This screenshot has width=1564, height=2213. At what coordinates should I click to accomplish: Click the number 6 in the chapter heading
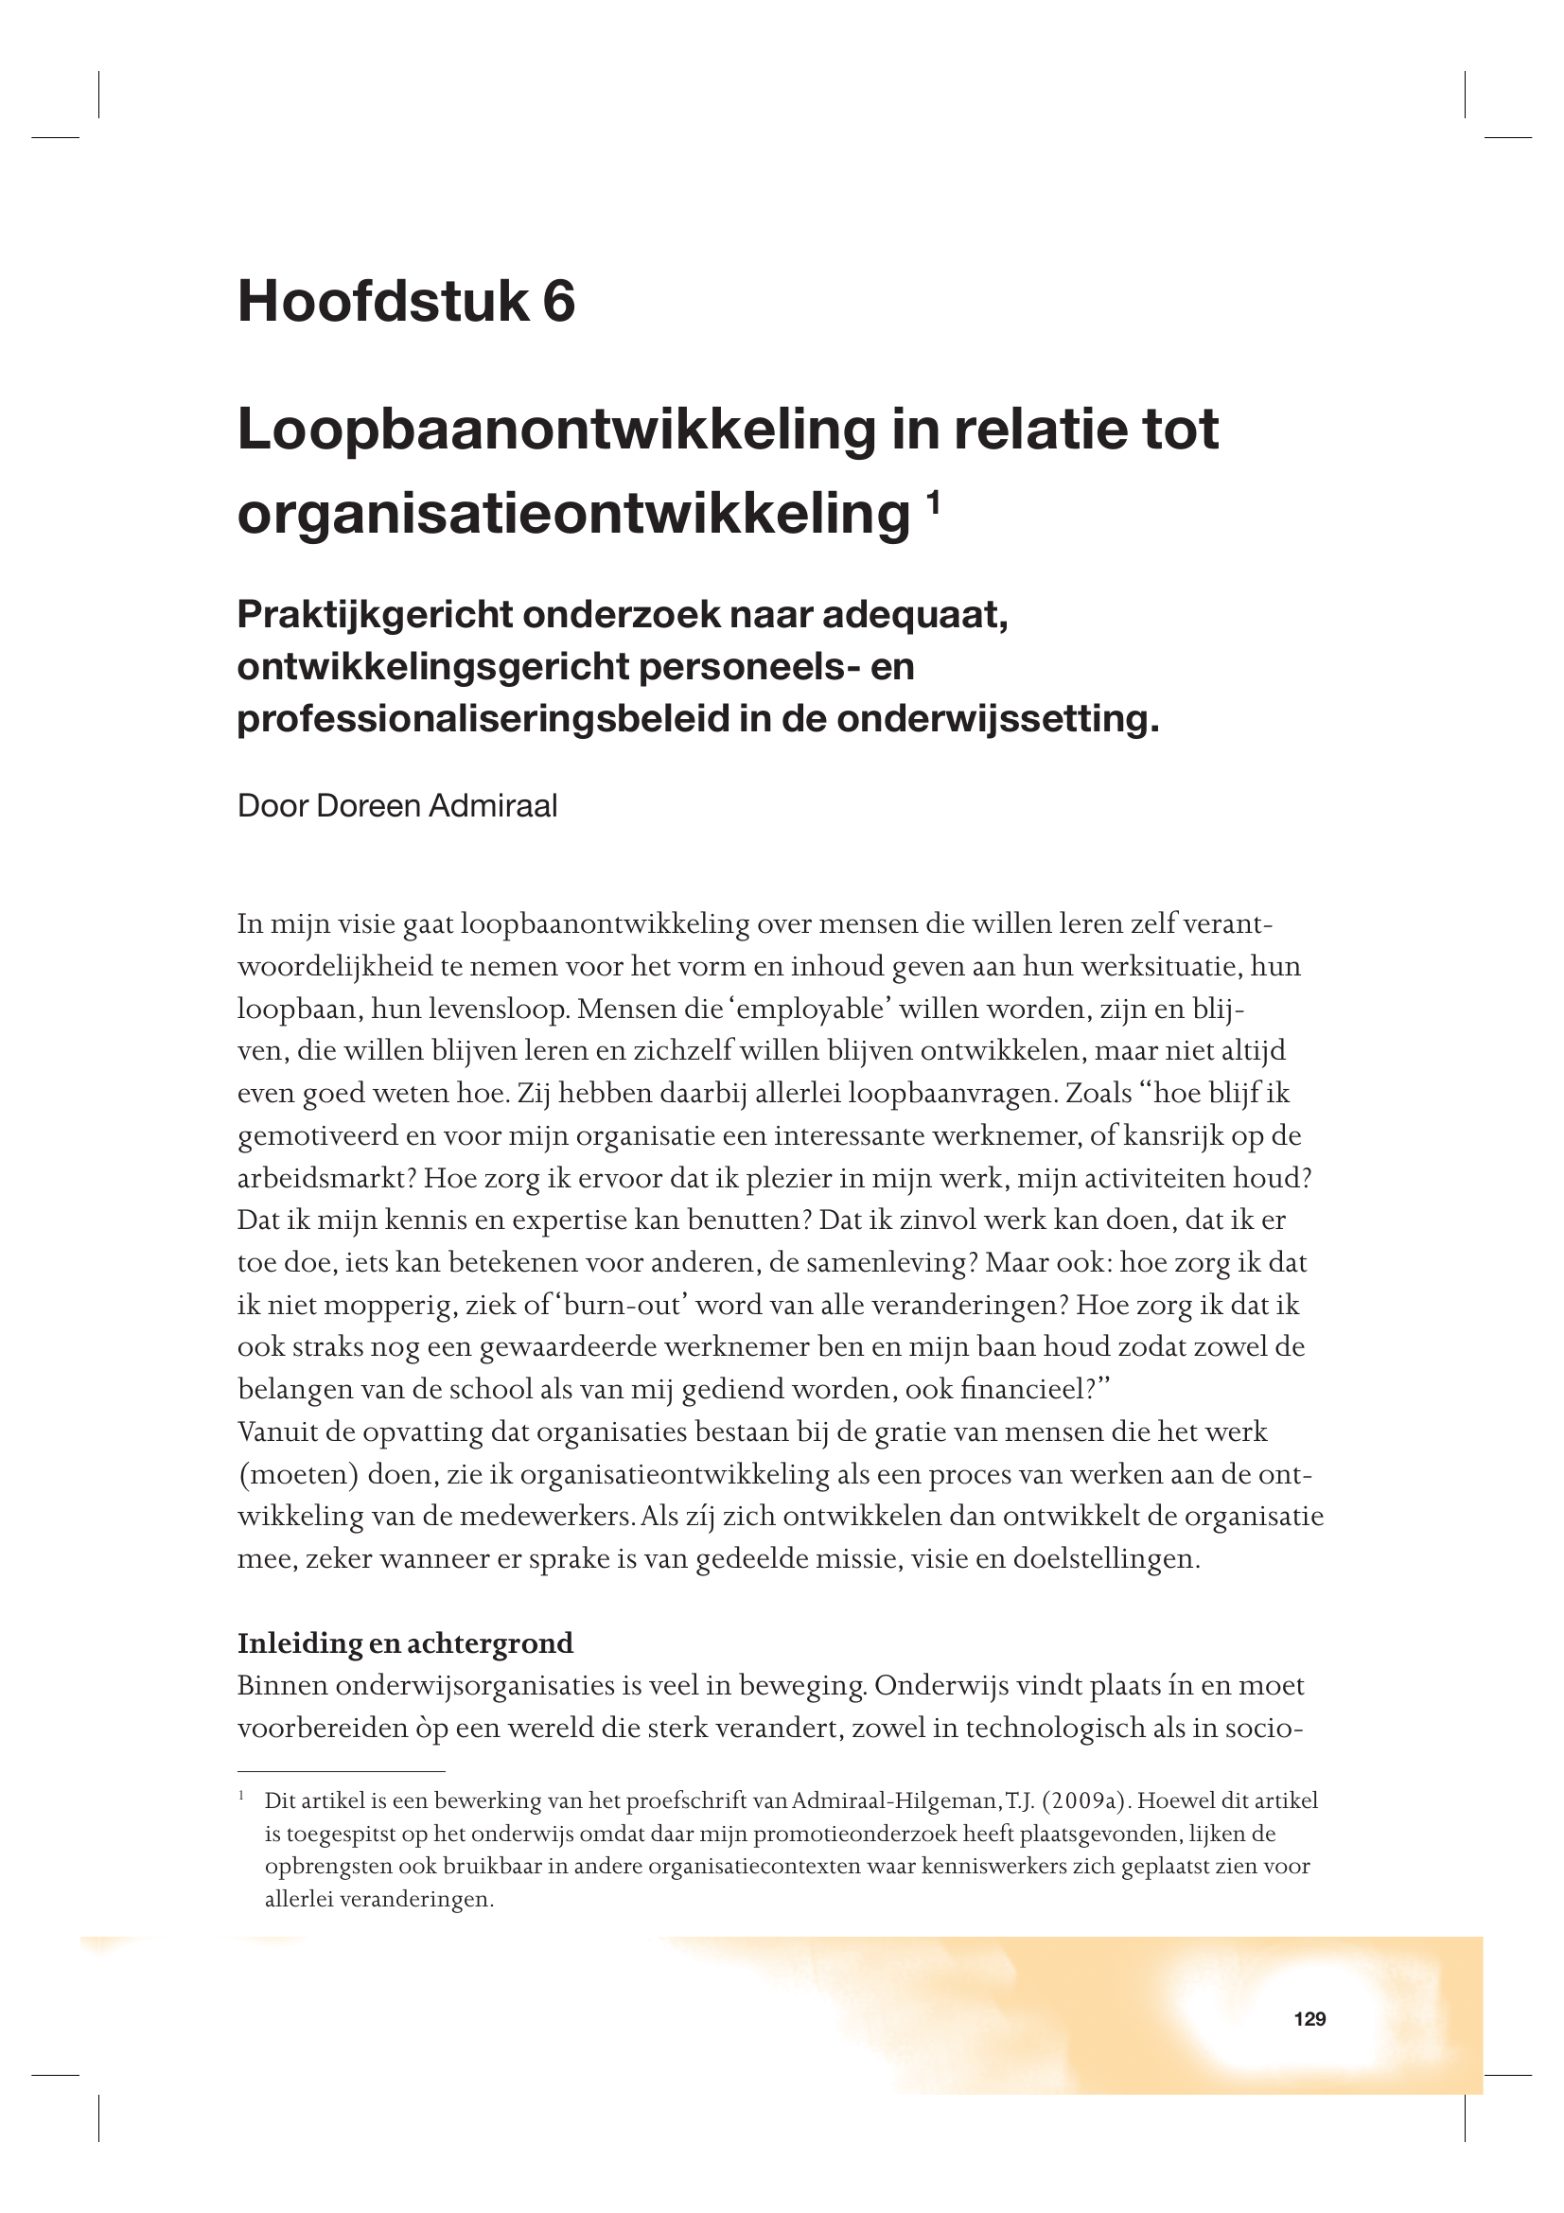pyautogui.click(x=559, y=301)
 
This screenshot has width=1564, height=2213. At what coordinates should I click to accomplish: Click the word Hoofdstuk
pyautogui.click(x=382, y=301)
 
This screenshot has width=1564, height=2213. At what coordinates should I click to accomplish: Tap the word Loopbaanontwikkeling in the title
pyautogui.click(x=556, y=430)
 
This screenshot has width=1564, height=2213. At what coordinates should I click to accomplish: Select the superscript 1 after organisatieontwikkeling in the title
pyautogui.click(x=932, y=502)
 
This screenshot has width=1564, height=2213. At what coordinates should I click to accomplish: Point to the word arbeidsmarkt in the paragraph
pyautogui.click(x=326, y=1178)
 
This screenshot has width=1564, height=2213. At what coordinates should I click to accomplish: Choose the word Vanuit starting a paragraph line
pyautogui.click(x=277, y=1431)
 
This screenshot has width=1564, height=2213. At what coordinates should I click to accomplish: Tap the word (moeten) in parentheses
pyautogui.click(x=298, y=1474)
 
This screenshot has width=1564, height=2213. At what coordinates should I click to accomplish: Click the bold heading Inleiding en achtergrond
pyautogui.click(x=405, y=1642)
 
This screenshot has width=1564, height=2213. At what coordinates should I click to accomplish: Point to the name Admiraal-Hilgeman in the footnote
pyautogui.click(x=895, y=1800)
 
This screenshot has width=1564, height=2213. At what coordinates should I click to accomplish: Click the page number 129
pyautogui.click(x=1309, y=2019)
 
